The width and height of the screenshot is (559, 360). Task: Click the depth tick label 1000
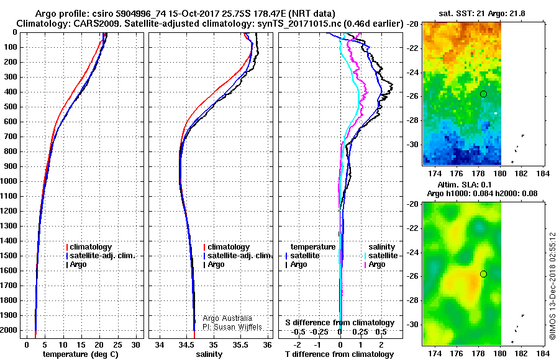coord(9,181)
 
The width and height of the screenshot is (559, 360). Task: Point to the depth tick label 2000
coord(9,330)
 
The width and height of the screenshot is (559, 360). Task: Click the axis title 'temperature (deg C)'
coord(81,354)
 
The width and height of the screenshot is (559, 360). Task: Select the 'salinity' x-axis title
coord(209,354)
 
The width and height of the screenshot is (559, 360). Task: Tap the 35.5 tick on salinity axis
coord(240,345)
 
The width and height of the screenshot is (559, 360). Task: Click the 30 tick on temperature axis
coord(135,345)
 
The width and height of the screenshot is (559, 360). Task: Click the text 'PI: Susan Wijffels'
coord(232,327)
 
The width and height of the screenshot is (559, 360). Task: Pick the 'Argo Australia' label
coord(227,318)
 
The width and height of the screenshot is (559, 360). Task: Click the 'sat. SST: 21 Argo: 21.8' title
coord(481,14)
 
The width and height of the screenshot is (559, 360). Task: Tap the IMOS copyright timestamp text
coord(553,286)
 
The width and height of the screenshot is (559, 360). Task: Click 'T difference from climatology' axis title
coord(339,354)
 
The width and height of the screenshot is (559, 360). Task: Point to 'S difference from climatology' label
coord(340,323)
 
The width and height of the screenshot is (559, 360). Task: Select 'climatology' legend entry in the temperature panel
coord(91,247)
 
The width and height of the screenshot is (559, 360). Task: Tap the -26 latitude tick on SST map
coord(413,96)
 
